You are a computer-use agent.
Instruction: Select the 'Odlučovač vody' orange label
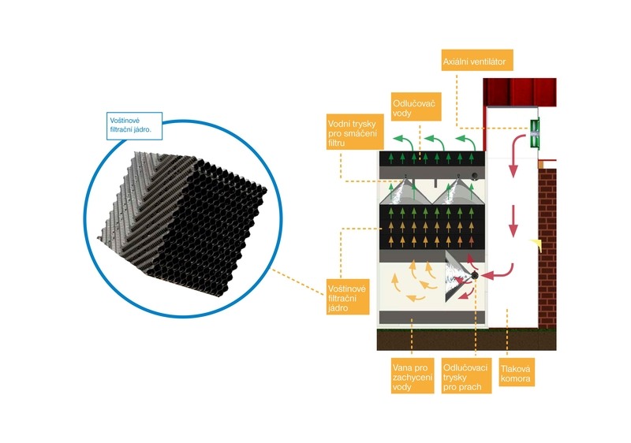(x=412, y=107)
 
